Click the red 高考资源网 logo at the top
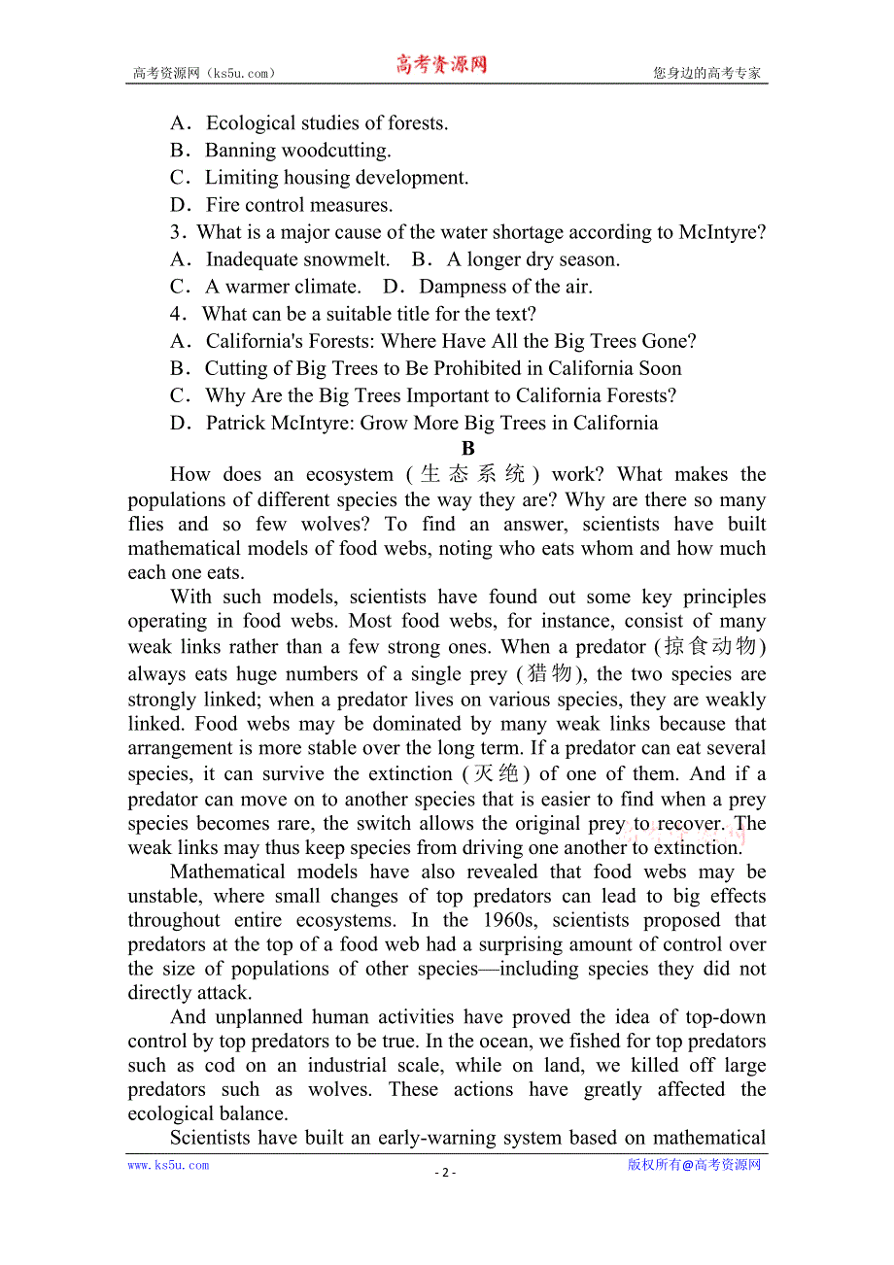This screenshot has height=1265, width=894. pyautogui.click(x=440, y=65)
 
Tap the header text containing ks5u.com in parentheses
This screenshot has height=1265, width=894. pyautogui.click(x=205, y=73)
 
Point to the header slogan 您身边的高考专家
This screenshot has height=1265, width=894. pyautogui.click(x=706, y=73)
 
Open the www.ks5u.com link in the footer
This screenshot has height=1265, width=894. pyautogui.click(x=168, y=1165)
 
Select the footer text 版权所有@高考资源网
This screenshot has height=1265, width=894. pyautogui.click(x=694, y=1165)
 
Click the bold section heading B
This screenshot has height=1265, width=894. pyautogui.click(x=467, y=449)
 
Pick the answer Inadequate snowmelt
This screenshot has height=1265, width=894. pyautogui.click(x=297, y=259)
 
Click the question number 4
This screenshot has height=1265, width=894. pyautogui.click(x=177, y=314)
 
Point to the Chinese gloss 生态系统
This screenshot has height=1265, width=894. pyautogui.click(x=473, y=474)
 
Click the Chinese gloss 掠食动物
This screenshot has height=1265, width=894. pyautogui.click(x=714, y=647)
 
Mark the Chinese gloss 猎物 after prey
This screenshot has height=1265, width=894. pyautogui.click(x=550, y=674)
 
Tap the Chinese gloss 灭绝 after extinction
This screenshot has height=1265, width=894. pyautogui.click(x=496, y=774)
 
